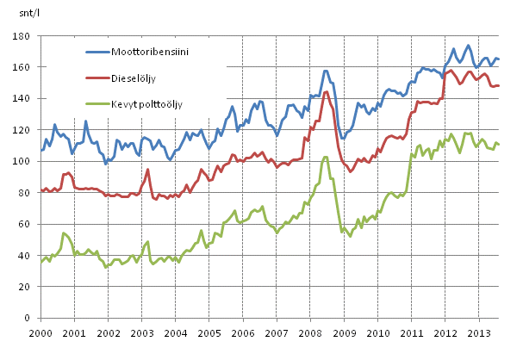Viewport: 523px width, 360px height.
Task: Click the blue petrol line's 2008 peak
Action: (x=325, y=71)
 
